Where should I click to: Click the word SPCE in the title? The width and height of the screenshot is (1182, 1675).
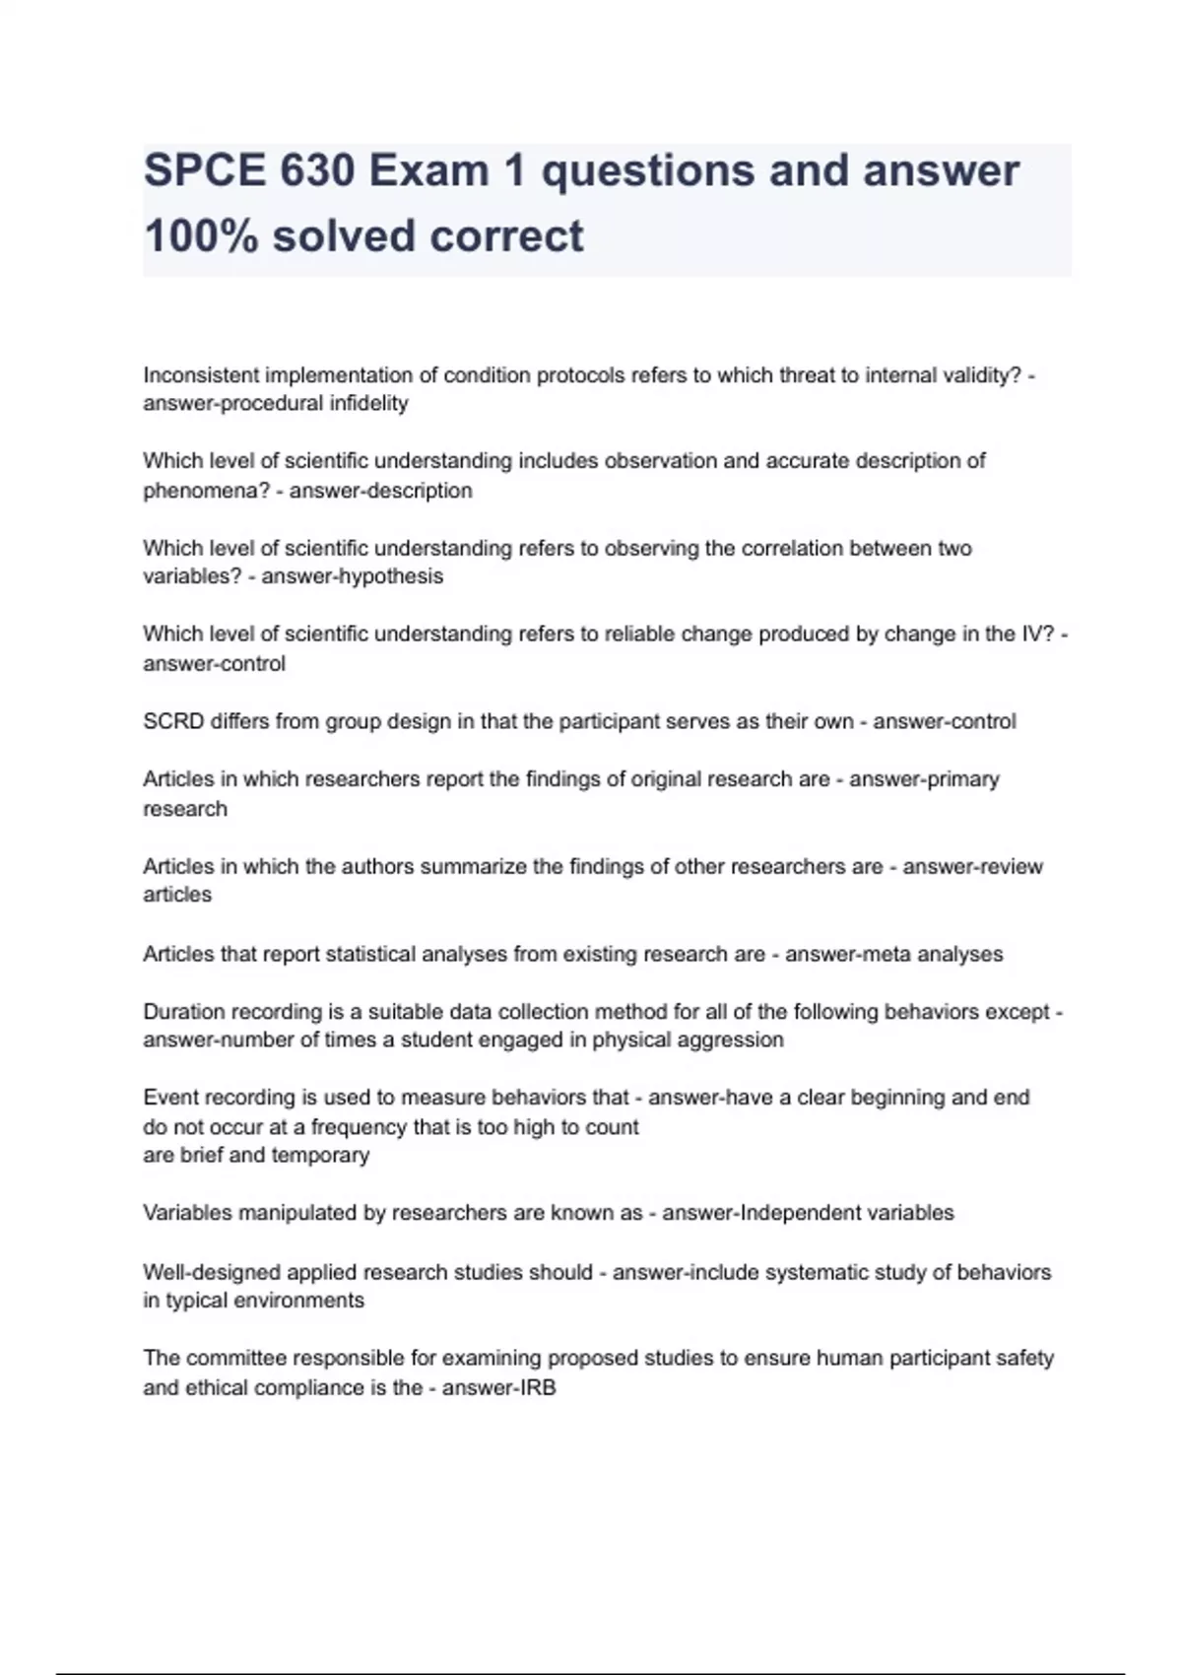point(204,171)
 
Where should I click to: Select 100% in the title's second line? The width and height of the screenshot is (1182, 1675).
point(201,236)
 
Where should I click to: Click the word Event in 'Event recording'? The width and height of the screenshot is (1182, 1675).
point(170,1098)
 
